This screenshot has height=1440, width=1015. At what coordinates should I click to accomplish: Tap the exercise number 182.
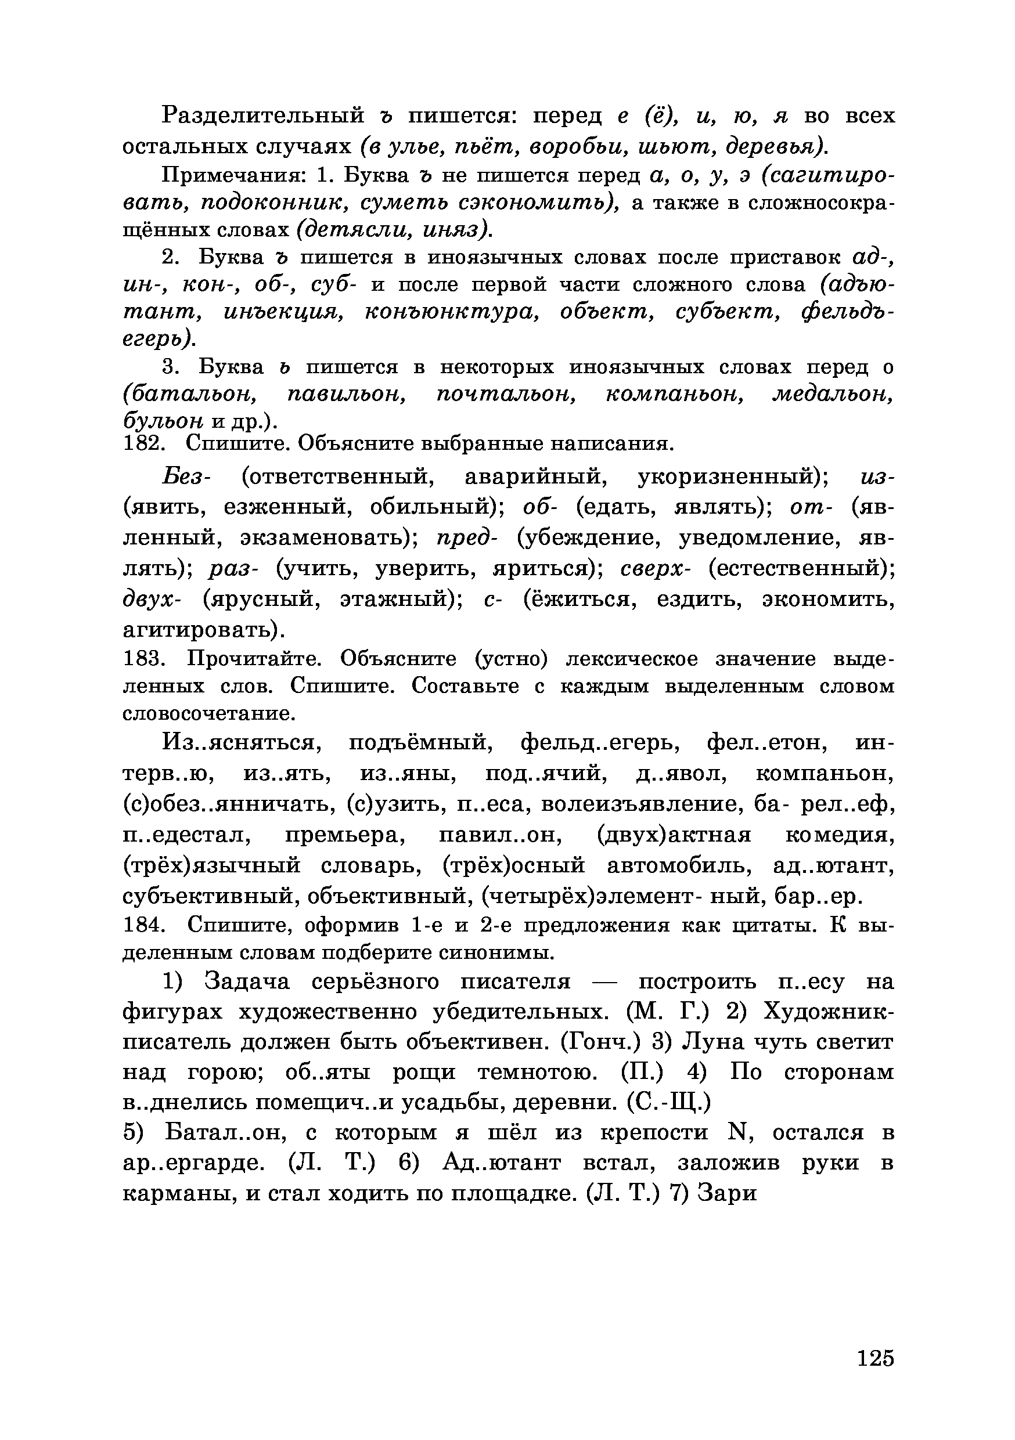pyautogui.click(x=143, y=443)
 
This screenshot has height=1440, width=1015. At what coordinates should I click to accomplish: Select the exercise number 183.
pyautogui.click(x=143, y=659)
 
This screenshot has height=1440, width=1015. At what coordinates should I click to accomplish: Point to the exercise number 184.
pyautogui.click(x=143, y=925)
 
